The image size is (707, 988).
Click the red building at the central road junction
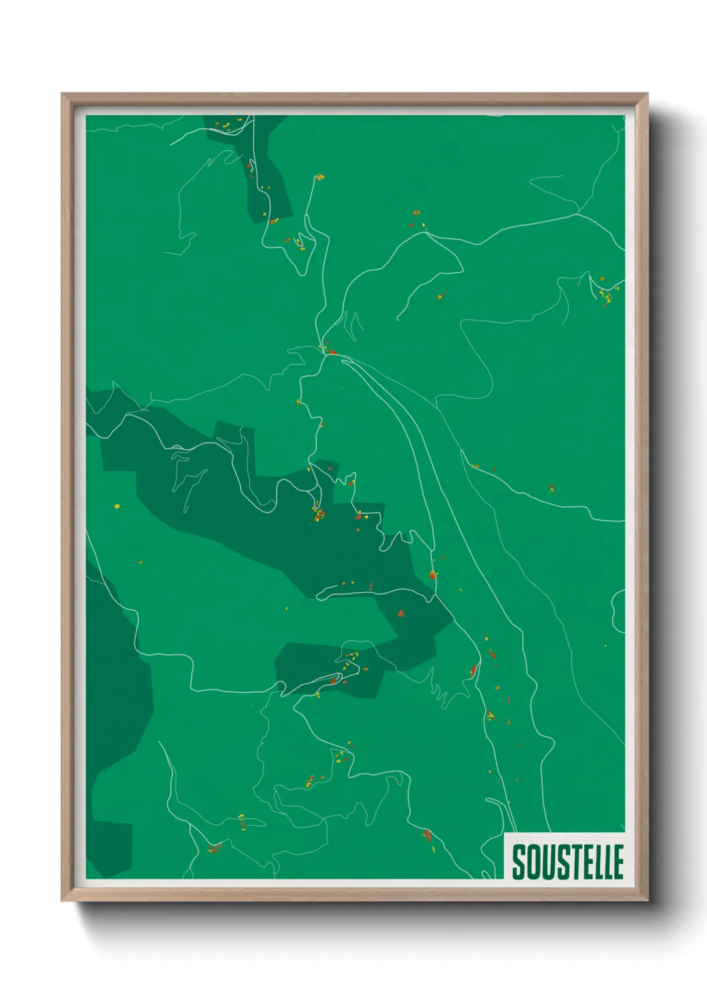332,352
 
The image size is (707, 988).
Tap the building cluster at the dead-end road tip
320,177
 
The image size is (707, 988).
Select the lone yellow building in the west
117,506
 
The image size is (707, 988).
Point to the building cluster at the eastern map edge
606,292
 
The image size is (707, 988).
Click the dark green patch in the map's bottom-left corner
110,848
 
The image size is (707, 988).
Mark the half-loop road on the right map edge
617,611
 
